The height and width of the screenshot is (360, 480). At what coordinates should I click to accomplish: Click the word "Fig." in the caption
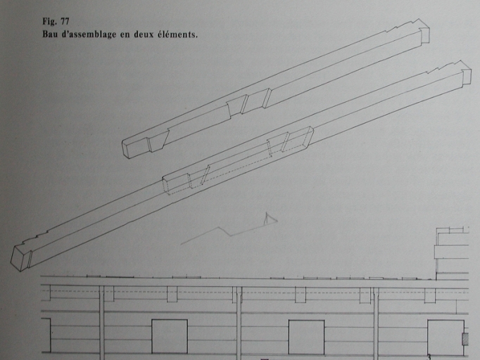[x=49, y=21]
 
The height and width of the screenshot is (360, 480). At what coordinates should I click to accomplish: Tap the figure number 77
[x=65, y=21]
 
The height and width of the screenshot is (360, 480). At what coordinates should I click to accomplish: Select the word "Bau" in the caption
[x=50, y=34]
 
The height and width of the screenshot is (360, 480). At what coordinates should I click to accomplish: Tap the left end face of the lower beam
[x=20, y=258]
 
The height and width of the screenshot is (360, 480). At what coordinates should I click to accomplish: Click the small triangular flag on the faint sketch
[x=270, y=219]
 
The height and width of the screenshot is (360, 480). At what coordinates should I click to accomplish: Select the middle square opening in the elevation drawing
[x=306, y=337]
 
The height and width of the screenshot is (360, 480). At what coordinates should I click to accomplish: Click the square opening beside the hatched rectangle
[x=446, y=337]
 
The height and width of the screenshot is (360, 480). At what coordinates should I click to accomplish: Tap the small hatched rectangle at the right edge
[x=465, y=339]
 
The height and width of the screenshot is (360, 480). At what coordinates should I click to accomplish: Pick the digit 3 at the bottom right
[x=429, y=357]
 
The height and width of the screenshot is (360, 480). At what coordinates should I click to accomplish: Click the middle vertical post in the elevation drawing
[x=239, y=323]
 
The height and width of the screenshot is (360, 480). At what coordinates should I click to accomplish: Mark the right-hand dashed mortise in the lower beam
[x=290, y=141]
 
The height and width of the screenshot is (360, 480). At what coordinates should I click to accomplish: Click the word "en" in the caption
[x=125, y=35]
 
